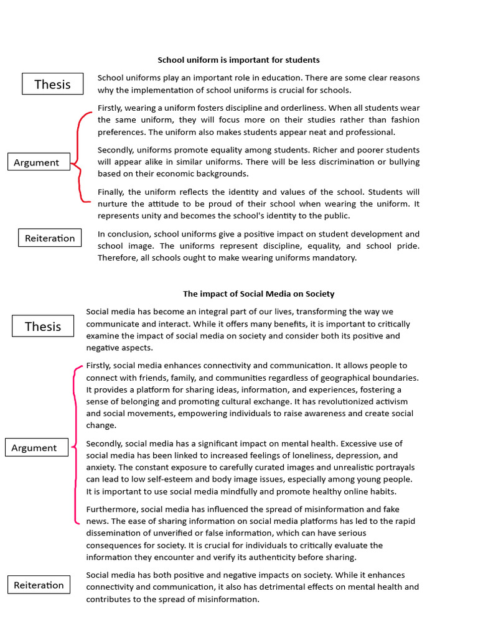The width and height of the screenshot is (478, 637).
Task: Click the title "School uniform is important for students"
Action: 238,60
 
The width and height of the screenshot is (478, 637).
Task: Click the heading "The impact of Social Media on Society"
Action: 258,294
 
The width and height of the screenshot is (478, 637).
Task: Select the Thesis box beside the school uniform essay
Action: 52,84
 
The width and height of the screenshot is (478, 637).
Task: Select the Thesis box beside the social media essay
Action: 43,326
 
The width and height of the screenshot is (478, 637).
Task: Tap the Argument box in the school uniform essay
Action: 37,162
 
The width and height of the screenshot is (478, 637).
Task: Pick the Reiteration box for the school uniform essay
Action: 50,238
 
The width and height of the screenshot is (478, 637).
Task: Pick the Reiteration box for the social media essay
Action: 39,585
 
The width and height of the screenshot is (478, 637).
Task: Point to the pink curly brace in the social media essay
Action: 76,445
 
